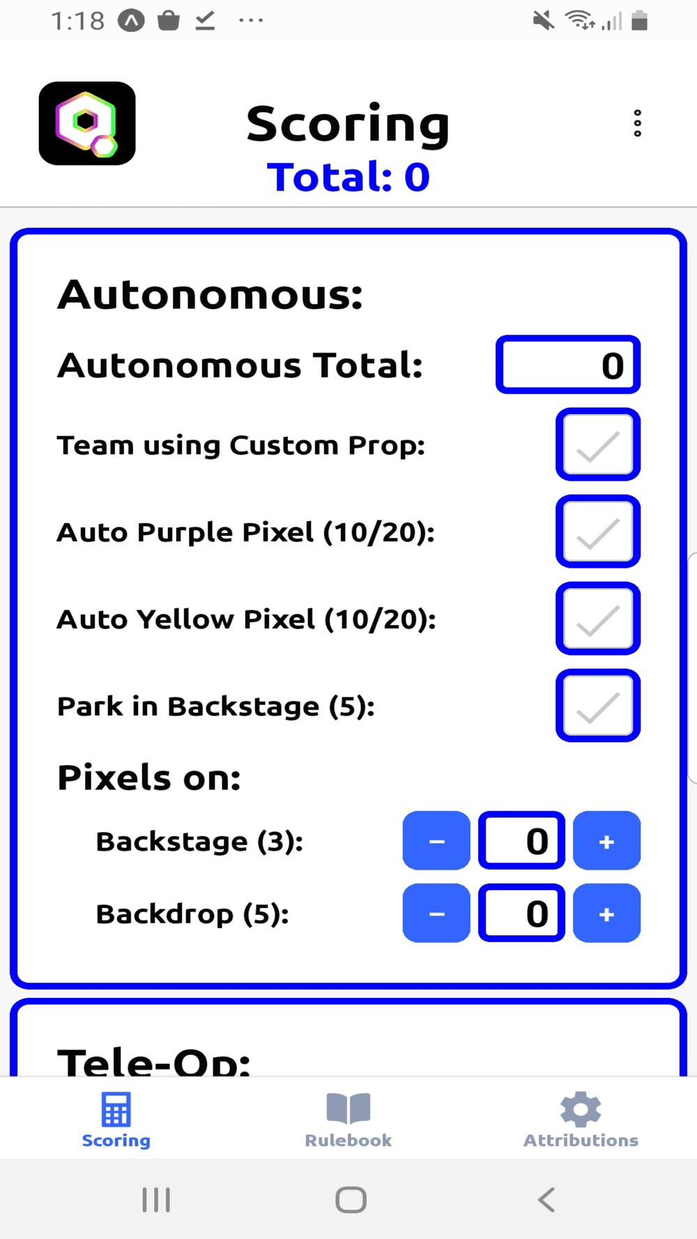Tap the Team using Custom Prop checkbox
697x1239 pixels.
point(598,445)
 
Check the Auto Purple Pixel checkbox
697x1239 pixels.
point(598,532)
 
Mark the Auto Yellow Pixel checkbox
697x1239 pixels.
point(598,619)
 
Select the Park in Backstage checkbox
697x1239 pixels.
point(598,706)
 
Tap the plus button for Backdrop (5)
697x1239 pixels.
point(606,914)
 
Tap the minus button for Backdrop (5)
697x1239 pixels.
point(436,914)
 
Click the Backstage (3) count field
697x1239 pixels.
point(521,841)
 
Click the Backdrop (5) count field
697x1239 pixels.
point(521,914)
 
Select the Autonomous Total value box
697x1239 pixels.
point(567,365)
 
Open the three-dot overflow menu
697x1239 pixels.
point(637,123)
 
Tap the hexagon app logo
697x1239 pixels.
point(87,123)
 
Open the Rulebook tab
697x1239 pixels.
point(348,1119)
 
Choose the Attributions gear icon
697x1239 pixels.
point(581,1109)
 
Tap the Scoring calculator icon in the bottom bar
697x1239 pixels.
point(116,1109)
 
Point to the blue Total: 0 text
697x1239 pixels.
point(348,177)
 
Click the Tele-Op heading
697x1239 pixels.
point(154,1061)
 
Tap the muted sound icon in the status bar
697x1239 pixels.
point(544,21)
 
